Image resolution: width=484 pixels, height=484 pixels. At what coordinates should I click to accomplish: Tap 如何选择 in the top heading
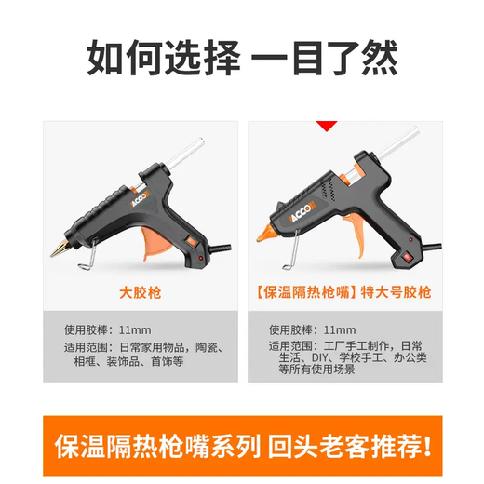click(158, 57)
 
